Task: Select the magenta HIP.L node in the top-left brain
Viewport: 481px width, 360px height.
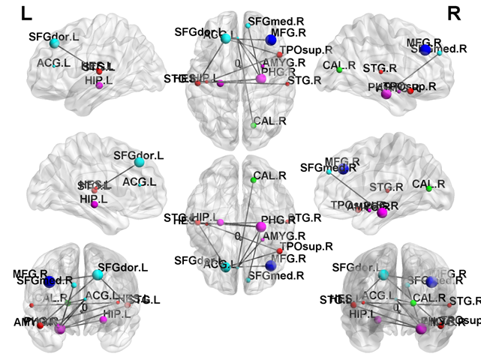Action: pos(99,86)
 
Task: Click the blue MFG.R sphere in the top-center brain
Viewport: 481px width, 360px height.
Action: pos(271,40)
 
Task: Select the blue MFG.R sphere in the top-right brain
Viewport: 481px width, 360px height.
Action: pos(425,49)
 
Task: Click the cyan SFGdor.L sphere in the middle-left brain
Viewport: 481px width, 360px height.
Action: pos(138,161)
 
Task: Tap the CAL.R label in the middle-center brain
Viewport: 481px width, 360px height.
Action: pos(269,175)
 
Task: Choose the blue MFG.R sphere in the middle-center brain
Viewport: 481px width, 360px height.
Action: pos(271,265)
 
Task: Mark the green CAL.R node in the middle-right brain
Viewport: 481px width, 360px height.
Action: pos(429,189)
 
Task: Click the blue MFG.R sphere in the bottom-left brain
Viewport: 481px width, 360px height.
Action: pos(50,283)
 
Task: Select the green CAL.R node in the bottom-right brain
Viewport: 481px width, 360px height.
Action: pos(413,301)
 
